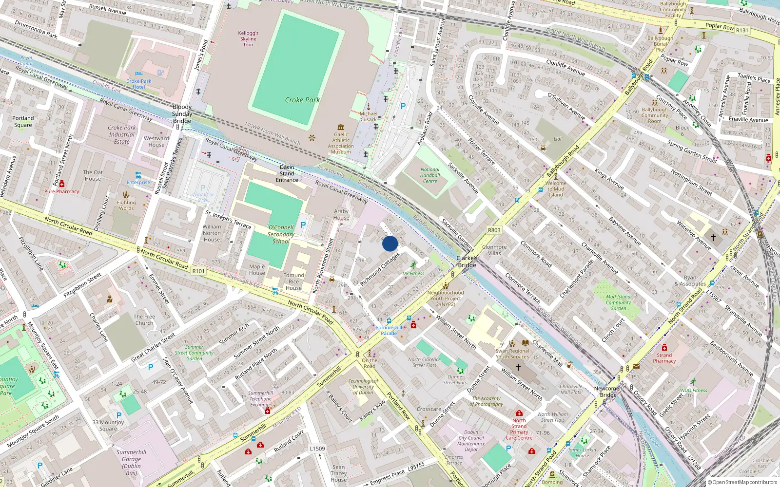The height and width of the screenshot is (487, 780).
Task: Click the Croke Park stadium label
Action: tap(302, 100)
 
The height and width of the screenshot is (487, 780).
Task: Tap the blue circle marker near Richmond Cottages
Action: tap(390, 243)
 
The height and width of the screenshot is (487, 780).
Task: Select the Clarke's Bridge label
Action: tap(467, 262)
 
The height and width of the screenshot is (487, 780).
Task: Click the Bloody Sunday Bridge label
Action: tap(182, 113)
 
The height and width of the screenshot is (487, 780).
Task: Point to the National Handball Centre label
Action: tap(430, 175)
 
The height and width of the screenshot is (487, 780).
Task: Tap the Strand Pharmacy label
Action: tap(664, 358)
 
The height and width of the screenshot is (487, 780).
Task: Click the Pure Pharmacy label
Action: tap(61, 191)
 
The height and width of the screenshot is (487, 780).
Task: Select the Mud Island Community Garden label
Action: tap(618, 302)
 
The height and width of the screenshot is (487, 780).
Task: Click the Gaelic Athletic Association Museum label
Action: tap(341, 143)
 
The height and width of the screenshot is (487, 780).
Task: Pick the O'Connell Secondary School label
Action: tap(281, 234)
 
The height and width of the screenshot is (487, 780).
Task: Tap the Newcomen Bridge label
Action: tap(608, 392)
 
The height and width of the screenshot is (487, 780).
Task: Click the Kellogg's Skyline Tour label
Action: tap(248, 39)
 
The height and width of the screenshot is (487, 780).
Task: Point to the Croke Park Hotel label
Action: tap(139, 84)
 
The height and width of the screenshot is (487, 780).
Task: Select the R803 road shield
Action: tap(494, 230)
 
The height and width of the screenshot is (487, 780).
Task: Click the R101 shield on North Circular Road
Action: tap(198, 271)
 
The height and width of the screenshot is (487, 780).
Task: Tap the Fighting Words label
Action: tap(126, 205)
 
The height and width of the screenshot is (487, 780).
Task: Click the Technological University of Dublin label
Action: tap(363, 387)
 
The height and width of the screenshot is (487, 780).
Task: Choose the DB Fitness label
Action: tap(413, 273)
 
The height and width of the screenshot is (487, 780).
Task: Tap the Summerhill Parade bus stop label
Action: tap(389, 330)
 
